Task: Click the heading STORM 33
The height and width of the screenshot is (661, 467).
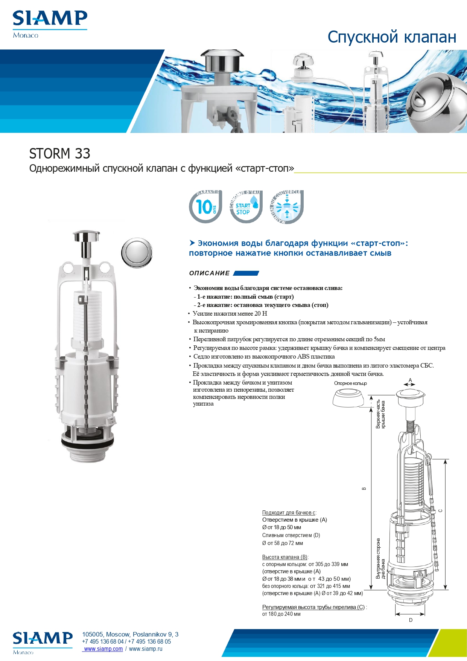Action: click(x=60, y=154)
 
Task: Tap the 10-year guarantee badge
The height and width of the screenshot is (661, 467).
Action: click(x=205, y=207)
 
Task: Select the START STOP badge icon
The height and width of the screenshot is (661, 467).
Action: click(x=246, y=207)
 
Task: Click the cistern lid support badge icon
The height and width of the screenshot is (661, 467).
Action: click(x=287, y=207)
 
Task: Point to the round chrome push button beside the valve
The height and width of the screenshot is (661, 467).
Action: click(x=137, y=253)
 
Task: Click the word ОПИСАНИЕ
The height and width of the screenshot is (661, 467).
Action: click(x=209, y=273)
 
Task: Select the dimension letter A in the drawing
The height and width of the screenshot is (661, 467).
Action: click(x=410, y=380)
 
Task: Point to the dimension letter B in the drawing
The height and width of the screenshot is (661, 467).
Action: click(x=364, y=488)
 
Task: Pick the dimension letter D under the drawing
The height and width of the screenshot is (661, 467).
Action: click(x=411, y=620)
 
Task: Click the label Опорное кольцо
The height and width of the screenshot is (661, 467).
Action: click(x=350, y=383)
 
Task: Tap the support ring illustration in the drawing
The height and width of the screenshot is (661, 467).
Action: click(x=348, y=398)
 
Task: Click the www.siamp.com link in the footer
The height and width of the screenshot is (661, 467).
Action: click(x=103, y=649)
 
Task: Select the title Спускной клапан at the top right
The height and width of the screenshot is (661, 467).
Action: click(x=392, y=37)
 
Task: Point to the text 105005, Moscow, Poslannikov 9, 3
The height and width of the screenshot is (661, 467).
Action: click(x=130, y=634)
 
